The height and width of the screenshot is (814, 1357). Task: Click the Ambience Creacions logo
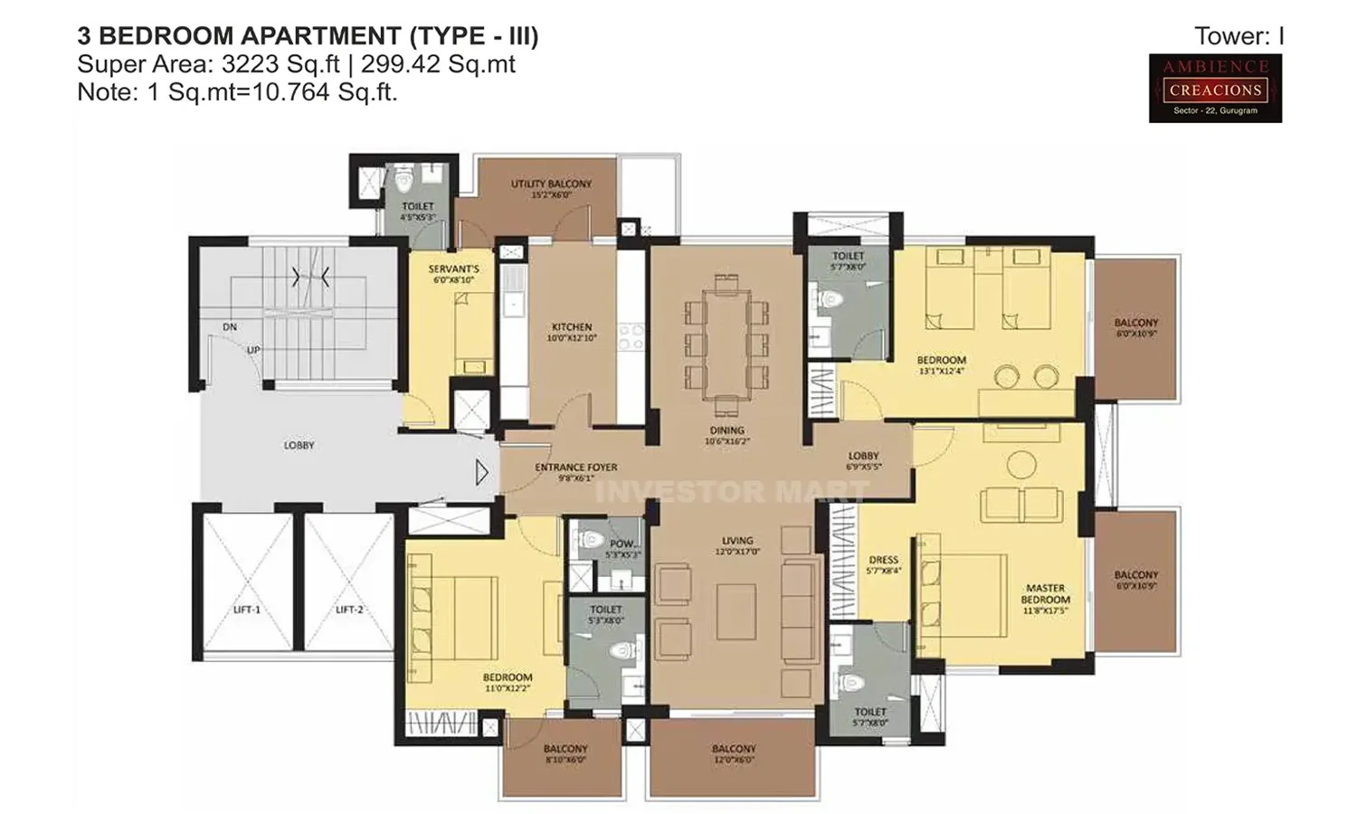[x=1215, y=88]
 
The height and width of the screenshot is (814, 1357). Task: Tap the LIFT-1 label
[x=246, y=610]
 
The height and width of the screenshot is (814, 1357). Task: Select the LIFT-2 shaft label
[x=348, y=610]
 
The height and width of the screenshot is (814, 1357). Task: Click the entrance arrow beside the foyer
[x=481, y=472]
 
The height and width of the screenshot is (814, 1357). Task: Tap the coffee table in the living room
[x=735, y=612]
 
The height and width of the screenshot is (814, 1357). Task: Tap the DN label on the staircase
[x=230, y=327]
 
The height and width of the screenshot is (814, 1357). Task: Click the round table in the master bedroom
[x=1021, y=465]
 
